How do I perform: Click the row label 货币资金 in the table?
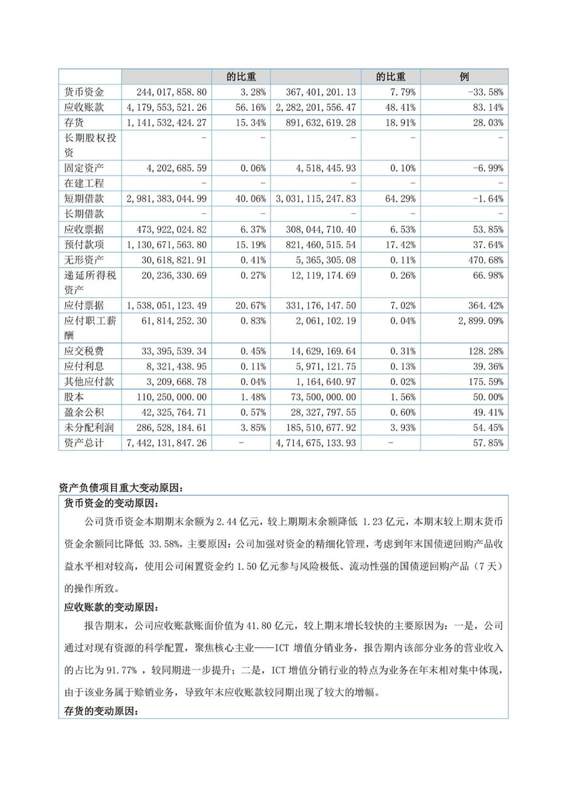pos(84,92)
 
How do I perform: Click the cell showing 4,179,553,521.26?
pos(166,108)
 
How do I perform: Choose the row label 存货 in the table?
pos(74,123)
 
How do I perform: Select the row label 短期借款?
pos(84,199)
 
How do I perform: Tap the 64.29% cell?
pos(400,199)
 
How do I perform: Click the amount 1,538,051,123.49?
pos(166,305)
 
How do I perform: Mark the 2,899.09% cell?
pos(481,321)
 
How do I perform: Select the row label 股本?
pos(74,397)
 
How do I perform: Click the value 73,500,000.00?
pos(323,397)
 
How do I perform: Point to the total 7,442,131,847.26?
pos(166,443)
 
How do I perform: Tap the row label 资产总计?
pos(84,443)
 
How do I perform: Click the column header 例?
pos(464,76)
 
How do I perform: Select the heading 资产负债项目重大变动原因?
pos(120,488)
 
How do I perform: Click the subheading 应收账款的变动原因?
pos(112,607)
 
